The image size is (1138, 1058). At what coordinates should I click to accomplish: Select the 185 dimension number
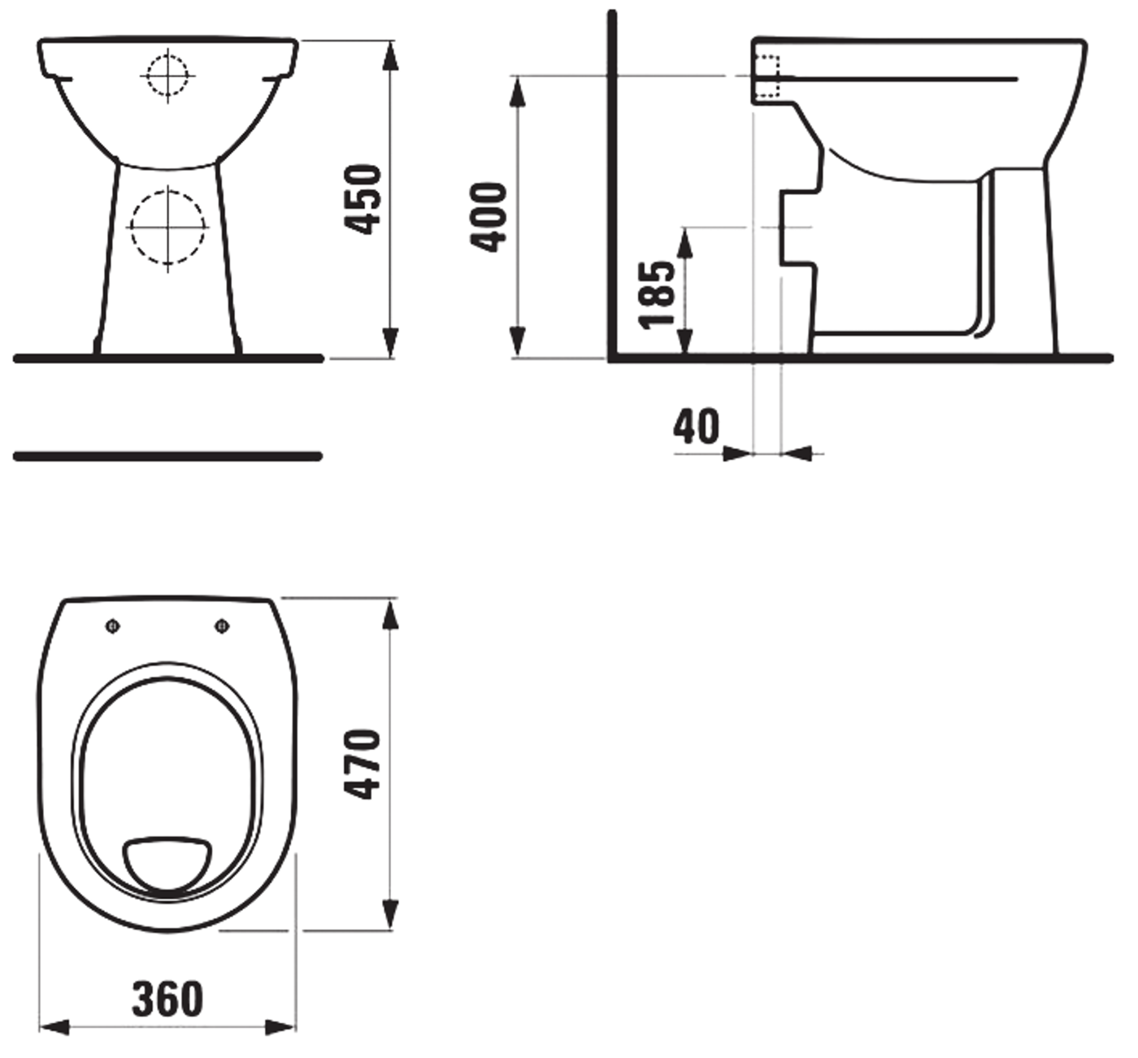657,294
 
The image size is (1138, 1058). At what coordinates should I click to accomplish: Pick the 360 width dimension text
167,998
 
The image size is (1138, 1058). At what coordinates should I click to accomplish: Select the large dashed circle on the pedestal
168,227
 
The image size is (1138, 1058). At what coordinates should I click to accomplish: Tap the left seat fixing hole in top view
112,625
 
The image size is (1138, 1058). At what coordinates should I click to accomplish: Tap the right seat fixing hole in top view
221,625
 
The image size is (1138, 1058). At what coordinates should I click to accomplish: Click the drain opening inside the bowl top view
167,861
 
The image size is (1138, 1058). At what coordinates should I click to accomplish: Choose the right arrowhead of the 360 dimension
282,1028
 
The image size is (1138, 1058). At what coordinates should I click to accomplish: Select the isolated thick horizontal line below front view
167,456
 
